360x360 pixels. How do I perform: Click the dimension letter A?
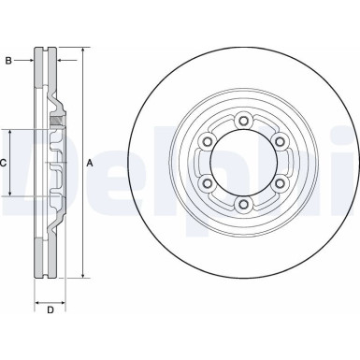point(91,163)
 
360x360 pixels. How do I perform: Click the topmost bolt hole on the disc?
point(243,119)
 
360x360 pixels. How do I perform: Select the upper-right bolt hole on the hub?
point(280,140)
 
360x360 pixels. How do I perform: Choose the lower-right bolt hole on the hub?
point(280,182)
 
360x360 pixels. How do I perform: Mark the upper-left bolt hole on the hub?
point(207,140)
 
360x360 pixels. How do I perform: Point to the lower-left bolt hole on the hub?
point(207,182)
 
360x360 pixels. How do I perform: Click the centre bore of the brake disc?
point(243,161)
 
